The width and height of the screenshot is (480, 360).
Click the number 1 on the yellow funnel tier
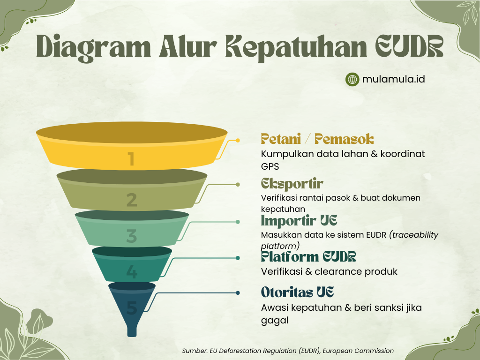tap(132, 159)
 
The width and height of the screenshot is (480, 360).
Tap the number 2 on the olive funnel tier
tap(132, 200)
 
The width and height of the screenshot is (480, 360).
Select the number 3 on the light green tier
tap(132, 236)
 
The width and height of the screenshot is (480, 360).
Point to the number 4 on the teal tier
tap(132, 272)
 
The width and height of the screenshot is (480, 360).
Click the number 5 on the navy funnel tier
tap(132, 308)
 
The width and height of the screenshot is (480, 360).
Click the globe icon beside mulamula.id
tap(352, 80)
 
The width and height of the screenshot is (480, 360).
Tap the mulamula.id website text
tap(393, 79)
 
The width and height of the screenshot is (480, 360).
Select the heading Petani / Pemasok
tap(317, 139)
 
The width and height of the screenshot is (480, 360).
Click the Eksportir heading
tap(292, 184)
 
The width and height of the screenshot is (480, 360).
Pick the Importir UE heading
tap(299, 220)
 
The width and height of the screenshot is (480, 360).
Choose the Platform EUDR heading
tap(308, 256)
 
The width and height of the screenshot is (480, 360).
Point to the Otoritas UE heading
tap(297, 292)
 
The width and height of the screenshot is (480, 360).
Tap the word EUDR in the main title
tap(409, 46)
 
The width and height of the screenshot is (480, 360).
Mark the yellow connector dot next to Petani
tap(238, 141)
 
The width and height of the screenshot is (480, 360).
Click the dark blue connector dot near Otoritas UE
tap(238, 293)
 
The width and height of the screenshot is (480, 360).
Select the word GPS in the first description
tap(270, 166)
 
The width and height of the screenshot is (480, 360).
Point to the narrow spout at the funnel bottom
tap(132, 331)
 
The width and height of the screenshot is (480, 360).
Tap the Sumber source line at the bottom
tap(288, 351)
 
